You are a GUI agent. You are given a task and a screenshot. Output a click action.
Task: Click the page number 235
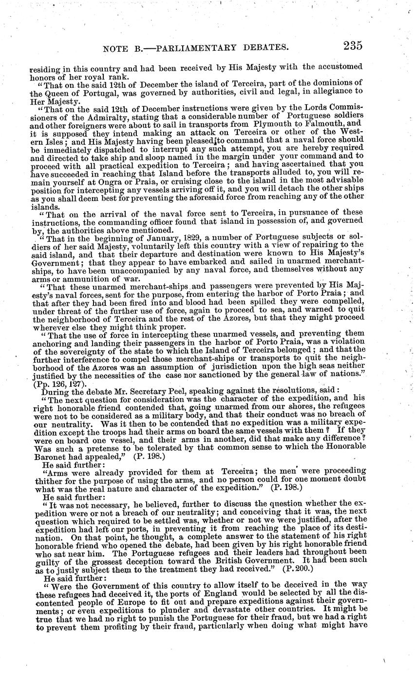(352, 46)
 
